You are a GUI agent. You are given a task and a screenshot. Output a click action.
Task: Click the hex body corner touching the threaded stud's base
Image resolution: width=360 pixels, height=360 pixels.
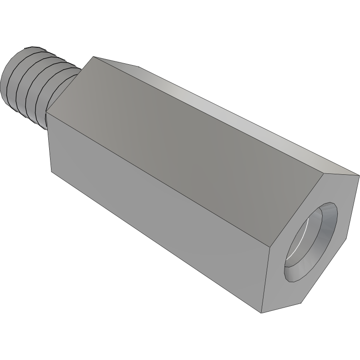click(46, 112)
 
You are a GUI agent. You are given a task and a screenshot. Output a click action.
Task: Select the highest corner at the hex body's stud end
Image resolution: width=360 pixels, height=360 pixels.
click(93, 57)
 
